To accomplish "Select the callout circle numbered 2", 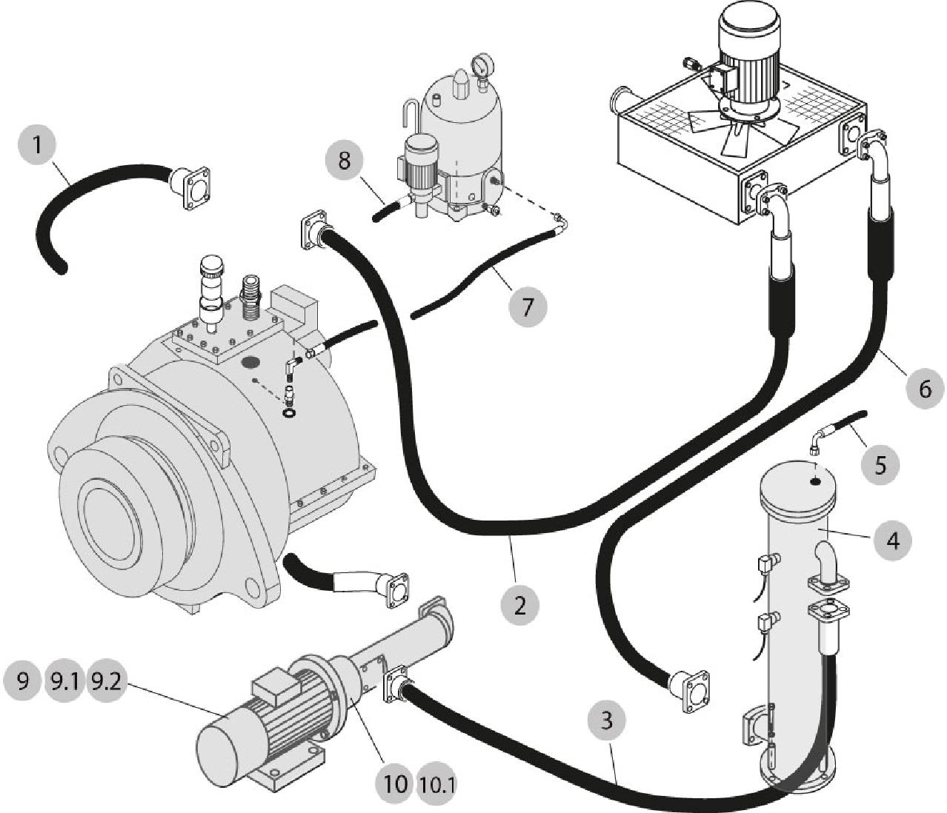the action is tap(519, 606).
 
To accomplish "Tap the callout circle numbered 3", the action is tap(607, 720).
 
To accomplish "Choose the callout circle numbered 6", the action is tap(925, 389).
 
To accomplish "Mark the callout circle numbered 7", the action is tap(528, 307).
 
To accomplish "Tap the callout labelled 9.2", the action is tap(106, 682).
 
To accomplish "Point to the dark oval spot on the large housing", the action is tap(251, 363).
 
